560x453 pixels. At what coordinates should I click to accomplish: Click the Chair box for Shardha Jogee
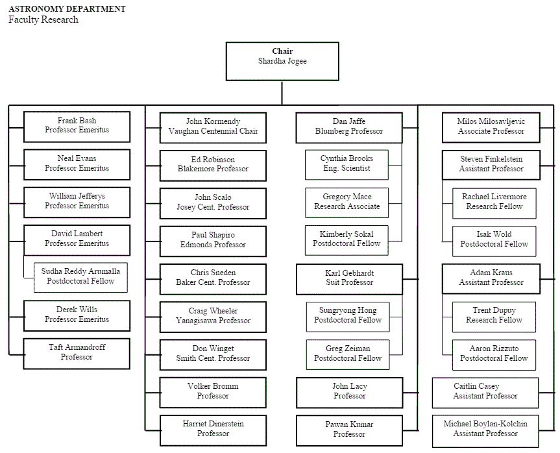point(282,61)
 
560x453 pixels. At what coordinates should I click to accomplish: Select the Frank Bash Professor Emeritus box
point(77,126)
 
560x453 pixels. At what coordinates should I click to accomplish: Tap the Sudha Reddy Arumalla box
point(80,276)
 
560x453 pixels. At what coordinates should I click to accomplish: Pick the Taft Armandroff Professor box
point(77,352)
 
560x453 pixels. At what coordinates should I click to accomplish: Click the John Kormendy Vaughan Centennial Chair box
point(213,126)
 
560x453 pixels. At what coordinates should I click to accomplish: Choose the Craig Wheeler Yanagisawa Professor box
point(213,316)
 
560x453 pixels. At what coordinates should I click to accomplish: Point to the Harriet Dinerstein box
point(213,429)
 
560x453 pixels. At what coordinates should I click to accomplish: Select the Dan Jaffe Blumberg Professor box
point(349,126)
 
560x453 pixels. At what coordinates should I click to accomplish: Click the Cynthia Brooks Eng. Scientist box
point(347,164)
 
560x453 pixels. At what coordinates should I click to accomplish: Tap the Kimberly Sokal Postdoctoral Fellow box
point(347,239)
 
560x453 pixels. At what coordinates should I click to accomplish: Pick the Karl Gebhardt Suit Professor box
point(349,278)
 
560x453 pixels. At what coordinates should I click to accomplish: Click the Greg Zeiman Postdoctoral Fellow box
point(347,353)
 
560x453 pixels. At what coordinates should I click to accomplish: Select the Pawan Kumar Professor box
point(349,429)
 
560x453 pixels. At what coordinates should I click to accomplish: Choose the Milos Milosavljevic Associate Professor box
point(491,126)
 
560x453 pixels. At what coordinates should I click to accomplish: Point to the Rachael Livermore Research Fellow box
point(494,202)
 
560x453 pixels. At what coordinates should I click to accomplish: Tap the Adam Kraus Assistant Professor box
point(491,278)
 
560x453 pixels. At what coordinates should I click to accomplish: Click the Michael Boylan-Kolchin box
point(485,429)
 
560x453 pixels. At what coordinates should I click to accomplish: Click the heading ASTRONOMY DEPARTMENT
point(67,9)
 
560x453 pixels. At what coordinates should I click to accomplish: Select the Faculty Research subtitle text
point(43,20)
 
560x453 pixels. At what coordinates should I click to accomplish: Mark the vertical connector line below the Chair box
point(282,92)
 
